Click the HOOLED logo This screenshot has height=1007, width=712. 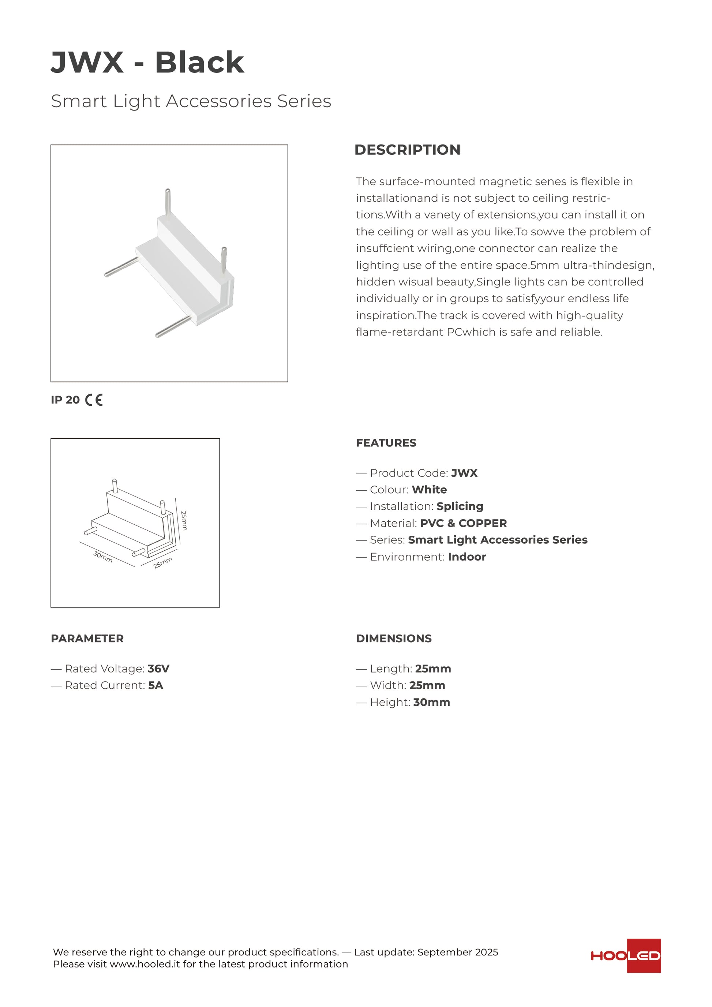(x=626, y=955)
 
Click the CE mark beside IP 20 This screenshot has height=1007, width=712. (x=94, y=400)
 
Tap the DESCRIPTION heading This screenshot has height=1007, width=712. (x=407, y=150)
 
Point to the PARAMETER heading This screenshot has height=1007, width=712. (x=87, y=638)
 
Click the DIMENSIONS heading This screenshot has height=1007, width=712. (x=393, y=638)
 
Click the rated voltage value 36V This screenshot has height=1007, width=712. (x=158, y=669)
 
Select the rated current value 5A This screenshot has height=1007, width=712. (x=155, y=685)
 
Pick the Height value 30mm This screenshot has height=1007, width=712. (x=431, y=702)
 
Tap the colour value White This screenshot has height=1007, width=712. (x=429, y=490)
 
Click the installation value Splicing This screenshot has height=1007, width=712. (x=460, y=506)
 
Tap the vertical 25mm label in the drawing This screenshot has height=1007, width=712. (x=184, y=520)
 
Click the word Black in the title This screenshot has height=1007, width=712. (x=199, y=62)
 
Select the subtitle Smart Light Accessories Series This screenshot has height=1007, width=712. (x=191, y=101)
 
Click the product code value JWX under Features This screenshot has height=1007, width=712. (x=464, y=473)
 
